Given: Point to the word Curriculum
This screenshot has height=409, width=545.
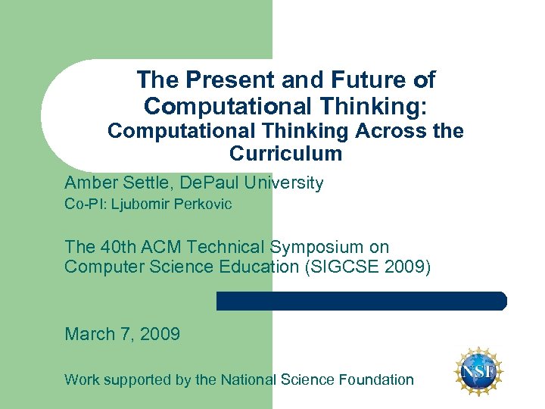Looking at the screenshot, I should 285,154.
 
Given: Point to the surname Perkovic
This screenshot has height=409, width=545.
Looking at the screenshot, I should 204,204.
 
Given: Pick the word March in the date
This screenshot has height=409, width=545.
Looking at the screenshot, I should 89,334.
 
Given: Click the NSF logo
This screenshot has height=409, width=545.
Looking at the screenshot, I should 479,372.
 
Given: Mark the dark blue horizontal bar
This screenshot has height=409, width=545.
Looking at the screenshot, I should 361,301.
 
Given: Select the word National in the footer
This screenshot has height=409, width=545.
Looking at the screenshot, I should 248,380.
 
